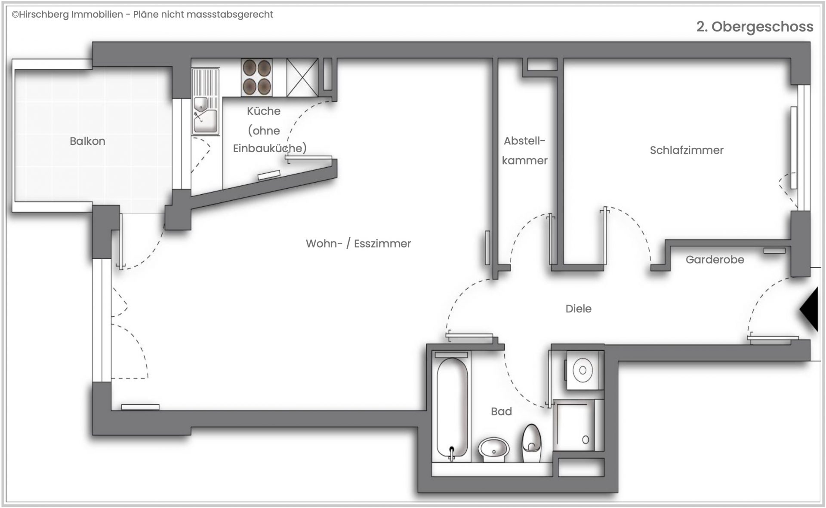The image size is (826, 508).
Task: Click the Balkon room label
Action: tap(87, 141)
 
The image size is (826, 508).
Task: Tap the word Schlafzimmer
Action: tap(687, 150)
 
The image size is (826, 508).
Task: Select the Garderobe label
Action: tap(715, 260)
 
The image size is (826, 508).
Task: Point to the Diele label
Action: tap(578, 309)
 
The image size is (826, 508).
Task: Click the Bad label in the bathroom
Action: tap(501, 411)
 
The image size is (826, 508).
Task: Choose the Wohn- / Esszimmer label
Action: tap(358, 244)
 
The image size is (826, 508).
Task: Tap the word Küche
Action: tap(264, 111)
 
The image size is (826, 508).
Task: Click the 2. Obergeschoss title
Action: tap(755, 27)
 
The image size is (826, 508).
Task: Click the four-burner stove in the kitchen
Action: tap(257, 77)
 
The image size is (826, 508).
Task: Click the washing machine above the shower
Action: tap(583, 370)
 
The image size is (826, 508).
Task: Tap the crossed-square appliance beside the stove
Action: tap(302, 77)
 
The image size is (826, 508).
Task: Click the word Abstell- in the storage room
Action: tap(524, 141)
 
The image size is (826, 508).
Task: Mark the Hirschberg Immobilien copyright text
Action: tap(142, 15)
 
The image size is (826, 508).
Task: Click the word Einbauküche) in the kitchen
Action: tap(270, 148)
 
